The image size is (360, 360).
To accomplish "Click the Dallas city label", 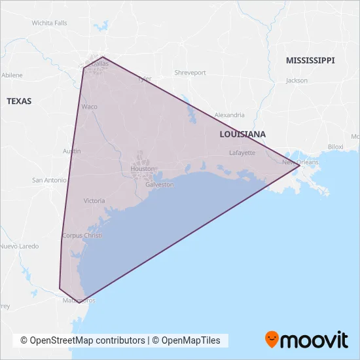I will coord(99,64).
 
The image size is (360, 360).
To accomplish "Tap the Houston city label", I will coord(143,168).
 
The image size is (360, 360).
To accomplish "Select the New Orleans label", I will coord(300,162).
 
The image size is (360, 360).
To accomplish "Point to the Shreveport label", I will coord(190,73).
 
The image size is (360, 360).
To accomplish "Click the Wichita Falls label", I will coord(50,23).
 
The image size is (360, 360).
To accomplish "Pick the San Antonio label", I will coord(49,180).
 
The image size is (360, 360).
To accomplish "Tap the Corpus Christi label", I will coord(82,235).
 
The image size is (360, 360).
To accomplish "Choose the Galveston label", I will coord(160,185).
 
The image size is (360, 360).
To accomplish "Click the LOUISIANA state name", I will coord(243,134).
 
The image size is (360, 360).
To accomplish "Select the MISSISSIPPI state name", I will coord(310,60).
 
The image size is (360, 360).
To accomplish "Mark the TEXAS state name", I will coord(19,101).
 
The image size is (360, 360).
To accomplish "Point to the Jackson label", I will coord(297,81).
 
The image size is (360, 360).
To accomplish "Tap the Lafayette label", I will coord(242,153).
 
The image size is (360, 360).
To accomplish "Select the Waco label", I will coord(89,106).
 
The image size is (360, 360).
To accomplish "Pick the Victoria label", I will coord(94,201).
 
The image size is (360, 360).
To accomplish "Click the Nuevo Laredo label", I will coord(19,247).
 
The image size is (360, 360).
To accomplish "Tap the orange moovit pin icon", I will coord(272,339).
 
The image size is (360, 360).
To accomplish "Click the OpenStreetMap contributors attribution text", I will coord(82,340).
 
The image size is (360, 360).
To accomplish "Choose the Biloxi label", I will coord(335,147).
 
